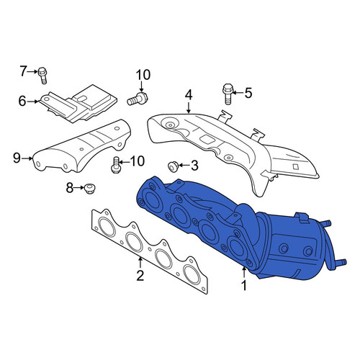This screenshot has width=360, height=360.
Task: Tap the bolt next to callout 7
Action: [42, 75]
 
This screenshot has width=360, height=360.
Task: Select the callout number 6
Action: [22, 102]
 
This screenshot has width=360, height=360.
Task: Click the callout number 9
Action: [17, 158]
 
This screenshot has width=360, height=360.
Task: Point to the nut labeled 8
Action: [89, 189]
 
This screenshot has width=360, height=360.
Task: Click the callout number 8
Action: [70, 188]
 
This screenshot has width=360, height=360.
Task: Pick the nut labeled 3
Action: [173, 166]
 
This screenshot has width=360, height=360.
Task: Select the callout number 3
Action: [194, 166]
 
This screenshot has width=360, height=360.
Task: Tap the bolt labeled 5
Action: [227, 94]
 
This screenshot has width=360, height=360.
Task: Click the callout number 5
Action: [248, 93]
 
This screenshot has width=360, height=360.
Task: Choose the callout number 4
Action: [189, 95]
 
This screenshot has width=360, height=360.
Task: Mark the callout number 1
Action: [244, 286]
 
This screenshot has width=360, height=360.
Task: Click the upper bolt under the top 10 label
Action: [138, 99]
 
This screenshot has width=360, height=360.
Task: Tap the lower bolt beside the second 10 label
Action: [115, 165]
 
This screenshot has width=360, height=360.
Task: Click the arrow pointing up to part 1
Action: [244, 273]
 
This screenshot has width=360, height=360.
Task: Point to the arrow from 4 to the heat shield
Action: [189, 108]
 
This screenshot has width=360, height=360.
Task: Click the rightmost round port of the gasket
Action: [192, 274]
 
